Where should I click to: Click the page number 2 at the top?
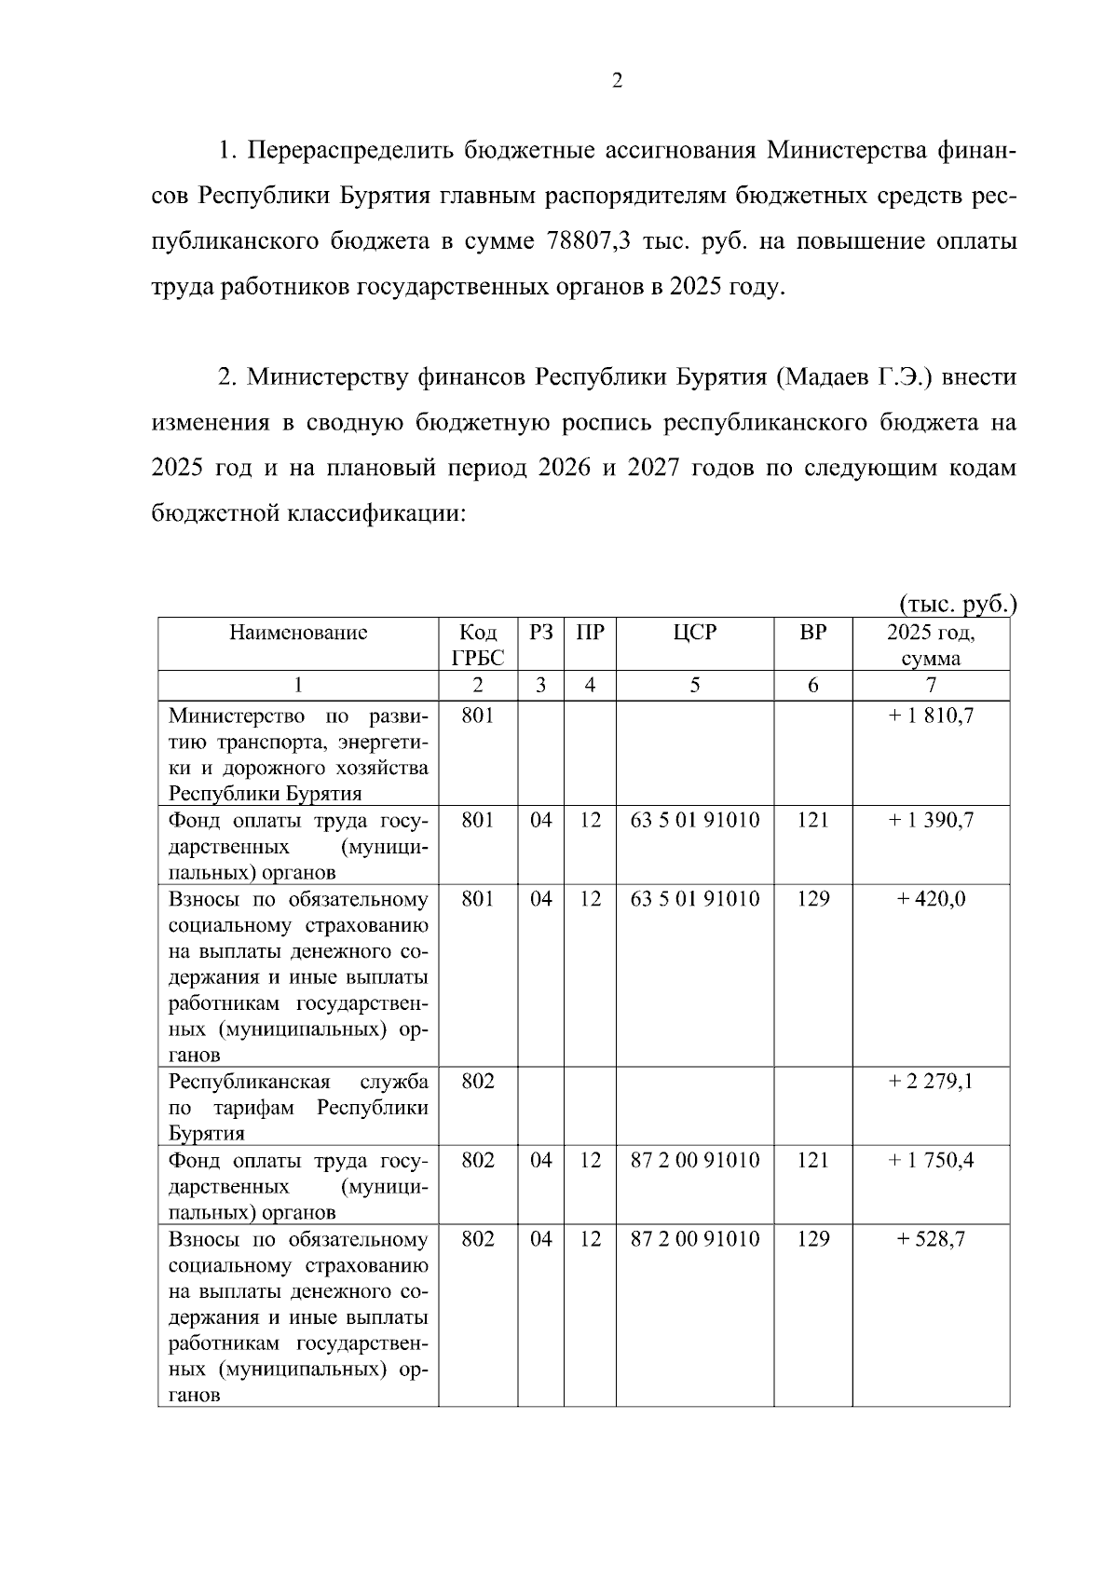point(616,81)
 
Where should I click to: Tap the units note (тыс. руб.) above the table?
point(957,605)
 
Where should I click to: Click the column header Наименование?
point(298,634)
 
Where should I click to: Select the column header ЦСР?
point(694,633)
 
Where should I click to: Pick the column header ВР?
point(812,633)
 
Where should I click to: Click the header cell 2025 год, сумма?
point(931,645)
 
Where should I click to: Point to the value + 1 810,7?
point(931,716)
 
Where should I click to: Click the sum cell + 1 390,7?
point(931,820)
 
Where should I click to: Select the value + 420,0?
point(931,899)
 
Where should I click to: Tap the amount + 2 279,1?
point(931,1082)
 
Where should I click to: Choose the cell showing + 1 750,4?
point(931,1160)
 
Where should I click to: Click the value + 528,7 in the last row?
point(931,1239)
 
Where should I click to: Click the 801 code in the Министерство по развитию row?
point(477,716)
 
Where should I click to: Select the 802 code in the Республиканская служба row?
point(477,1082)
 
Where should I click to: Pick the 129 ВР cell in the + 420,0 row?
point(812,899)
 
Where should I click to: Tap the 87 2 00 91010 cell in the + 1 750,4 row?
point(695,1160)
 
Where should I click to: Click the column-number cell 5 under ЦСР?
point(694,686)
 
